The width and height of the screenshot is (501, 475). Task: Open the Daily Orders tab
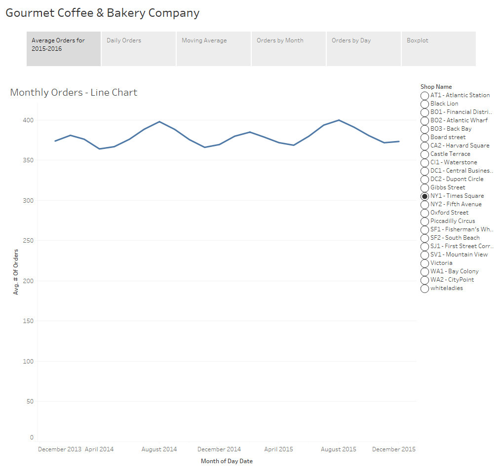point(138,48)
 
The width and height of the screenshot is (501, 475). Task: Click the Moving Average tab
point(213,48)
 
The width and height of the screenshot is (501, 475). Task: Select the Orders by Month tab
point(288,48)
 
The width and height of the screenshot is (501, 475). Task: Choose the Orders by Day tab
point(363,48)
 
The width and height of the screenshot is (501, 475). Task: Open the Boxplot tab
point(438,48)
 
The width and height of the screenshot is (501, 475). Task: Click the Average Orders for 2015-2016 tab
point(64,48)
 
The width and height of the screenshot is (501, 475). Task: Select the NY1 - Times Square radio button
point(424,196)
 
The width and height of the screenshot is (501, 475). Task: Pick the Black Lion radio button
point(424,104)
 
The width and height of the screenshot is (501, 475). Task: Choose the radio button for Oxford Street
point(424,213)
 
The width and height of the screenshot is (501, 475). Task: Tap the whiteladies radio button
point(424,289)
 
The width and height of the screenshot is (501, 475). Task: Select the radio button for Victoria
point(424,263)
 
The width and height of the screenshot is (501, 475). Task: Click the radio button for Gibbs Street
point(424,188)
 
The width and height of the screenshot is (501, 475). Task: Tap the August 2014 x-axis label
point(159,449)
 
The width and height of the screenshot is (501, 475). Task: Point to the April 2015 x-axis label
point(278,449)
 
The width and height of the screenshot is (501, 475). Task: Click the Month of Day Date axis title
point(227,461)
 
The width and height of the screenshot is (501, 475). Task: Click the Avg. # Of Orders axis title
point(16,272)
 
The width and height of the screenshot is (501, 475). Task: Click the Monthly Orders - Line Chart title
point(74,92)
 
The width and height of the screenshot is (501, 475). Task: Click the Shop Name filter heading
point(436,87)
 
